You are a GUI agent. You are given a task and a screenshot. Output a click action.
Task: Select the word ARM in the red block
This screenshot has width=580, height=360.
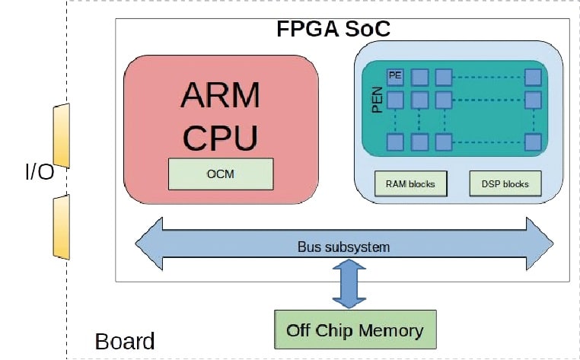(221, 96)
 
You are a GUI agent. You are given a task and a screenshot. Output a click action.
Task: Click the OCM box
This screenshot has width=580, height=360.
(221, 174)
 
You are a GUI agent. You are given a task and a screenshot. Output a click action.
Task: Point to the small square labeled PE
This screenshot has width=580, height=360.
(395, 76)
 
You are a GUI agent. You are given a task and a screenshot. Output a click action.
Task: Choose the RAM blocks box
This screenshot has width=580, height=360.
(410, 184)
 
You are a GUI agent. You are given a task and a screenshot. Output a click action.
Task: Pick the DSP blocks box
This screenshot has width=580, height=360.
(505, 184)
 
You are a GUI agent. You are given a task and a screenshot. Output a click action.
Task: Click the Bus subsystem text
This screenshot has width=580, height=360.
(343, 247)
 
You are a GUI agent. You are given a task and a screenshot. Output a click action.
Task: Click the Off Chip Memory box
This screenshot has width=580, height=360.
(355, 330)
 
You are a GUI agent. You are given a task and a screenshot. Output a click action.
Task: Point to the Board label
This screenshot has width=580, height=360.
(125, 342)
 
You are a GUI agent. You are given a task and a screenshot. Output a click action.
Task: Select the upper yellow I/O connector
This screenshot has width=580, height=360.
(62, 136)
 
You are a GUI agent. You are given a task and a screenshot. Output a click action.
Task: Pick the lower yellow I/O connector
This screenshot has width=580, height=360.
(62, 227)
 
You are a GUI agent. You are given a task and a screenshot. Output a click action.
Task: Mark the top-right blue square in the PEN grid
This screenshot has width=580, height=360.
(533, 77)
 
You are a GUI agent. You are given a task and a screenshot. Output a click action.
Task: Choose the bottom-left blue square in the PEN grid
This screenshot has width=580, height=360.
(395, 142)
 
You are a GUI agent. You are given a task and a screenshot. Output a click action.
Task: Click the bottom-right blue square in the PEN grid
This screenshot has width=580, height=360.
(533, 142)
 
